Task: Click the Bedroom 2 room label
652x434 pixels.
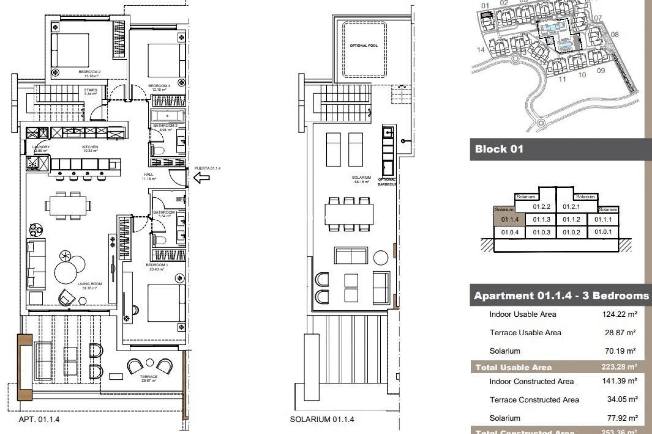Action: click(x=89, y=74)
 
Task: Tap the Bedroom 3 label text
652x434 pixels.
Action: click(x=159, y=87)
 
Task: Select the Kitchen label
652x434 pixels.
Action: click(x=90, y=149)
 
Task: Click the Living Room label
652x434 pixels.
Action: click(x=89, y=286)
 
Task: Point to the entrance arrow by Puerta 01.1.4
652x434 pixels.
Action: click(x=202, y=177)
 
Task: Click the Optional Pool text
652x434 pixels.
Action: click(x=364, y=45)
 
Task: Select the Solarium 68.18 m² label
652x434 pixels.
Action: click(x=361, y=179)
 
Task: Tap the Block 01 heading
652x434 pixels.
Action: click(x=499, y=149)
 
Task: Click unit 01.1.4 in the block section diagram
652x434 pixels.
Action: click(x=510, y=219)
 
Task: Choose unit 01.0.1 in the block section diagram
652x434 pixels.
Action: click(x=603, y=232)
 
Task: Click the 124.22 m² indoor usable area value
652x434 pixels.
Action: click(x=619, y=314)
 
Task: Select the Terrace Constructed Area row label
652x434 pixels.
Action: click(x=534, y=400)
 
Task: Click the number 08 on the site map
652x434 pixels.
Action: click(x=615, y=35)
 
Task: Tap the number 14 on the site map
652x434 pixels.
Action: click(x=481, y=50)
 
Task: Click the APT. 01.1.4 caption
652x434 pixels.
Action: click(x=39, y=419)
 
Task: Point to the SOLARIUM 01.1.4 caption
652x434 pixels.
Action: click(x=322, y=419)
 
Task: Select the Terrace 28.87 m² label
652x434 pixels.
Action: click(x=148, y=378)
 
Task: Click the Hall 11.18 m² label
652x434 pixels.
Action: click(x=148, y=176)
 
